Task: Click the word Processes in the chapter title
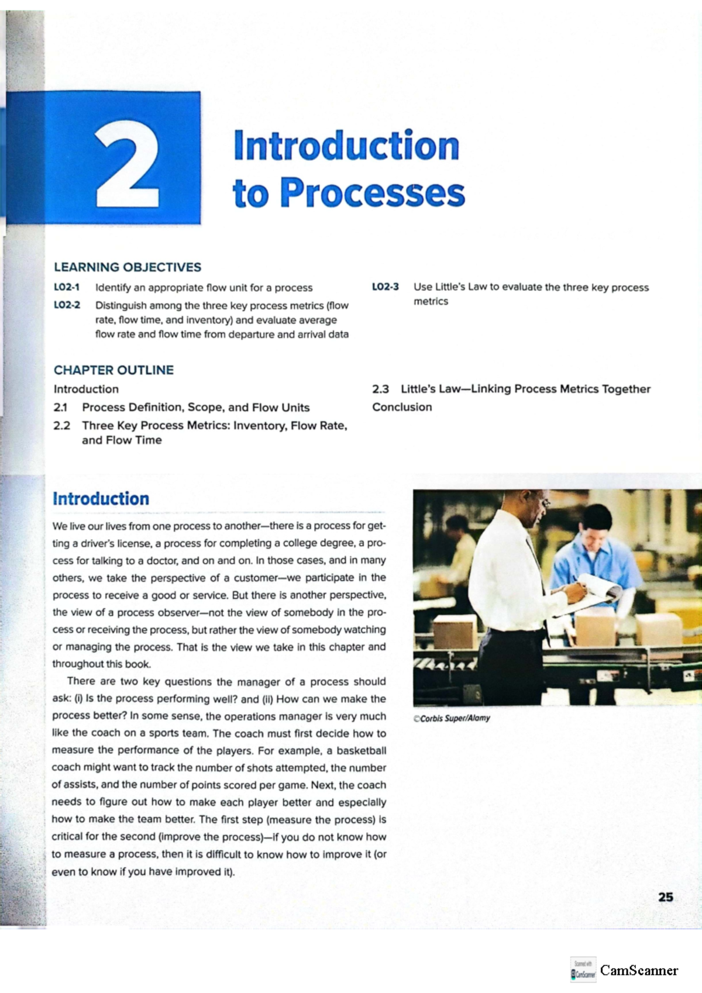coord(373,194)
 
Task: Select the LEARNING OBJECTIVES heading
coord(128,267)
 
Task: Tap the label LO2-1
coord(67,287)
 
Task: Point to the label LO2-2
coord(67,305)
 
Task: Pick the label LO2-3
coord(385,287)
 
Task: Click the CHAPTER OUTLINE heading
coord(113,370)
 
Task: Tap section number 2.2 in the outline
coord(61,426)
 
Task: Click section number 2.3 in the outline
coord(380,389)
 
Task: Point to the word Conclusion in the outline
coord(402,407)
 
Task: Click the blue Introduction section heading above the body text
coord(101,499)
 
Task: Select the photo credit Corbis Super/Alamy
coord(452,719)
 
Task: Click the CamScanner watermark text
coord(639,970)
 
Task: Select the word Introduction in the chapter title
coord(346,146)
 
